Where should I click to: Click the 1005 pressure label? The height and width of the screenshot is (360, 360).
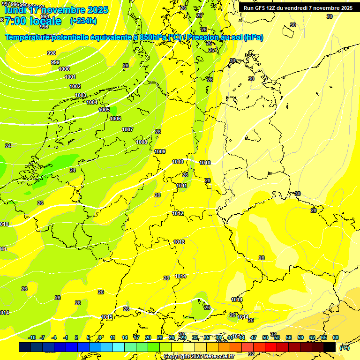[104, 110]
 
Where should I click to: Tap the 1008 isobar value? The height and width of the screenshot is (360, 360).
[142, 142]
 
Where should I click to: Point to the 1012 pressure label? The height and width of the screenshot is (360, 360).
[178, 213]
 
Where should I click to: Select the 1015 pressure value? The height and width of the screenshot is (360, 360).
[107, 317]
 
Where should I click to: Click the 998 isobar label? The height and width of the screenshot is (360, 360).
[52, 53]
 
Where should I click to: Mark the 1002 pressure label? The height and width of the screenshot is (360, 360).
[75, 86]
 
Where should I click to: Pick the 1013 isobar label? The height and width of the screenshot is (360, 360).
[179, 242]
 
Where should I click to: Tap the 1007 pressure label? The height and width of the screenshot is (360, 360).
[127, 129]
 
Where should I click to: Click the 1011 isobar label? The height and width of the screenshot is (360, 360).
[182, 186]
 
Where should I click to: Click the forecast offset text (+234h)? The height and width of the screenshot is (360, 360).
[83, 21]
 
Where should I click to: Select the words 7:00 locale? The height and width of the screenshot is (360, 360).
[33, 21]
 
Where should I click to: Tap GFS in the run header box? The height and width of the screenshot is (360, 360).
[259, 8]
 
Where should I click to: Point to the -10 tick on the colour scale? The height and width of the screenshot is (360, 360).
[32, 337]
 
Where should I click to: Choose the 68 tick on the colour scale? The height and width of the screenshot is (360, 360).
[336, 337]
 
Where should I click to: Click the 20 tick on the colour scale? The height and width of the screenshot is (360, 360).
[148, 337]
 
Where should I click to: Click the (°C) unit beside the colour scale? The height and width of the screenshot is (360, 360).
[345, 347]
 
